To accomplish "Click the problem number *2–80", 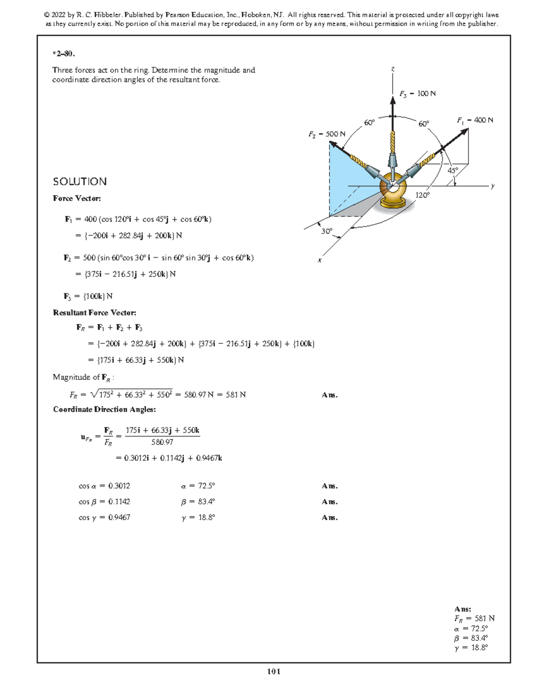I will (64, 54).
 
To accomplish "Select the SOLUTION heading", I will (80, 181).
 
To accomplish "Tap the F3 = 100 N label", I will (417, 94).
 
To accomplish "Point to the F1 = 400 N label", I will (474, 120).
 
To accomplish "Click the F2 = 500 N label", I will (327, 134).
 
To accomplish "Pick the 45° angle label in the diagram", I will (453, 171).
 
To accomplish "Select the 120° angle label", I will (422, 195).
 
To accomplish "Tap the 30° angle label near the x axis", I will (327, 231).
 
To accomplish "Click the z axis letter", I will (392, 69).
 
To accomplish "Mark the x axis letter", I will (320, 260).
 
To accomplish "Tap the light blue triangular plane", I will (345, 179).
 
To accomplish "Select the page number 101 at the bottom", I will (273, 671).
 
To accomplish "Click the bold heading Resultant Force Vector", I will (94, 312).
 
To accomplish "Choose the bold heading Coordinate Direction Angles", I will (104, 409).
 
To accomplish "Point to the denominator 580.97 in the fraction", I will (162, 442).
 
